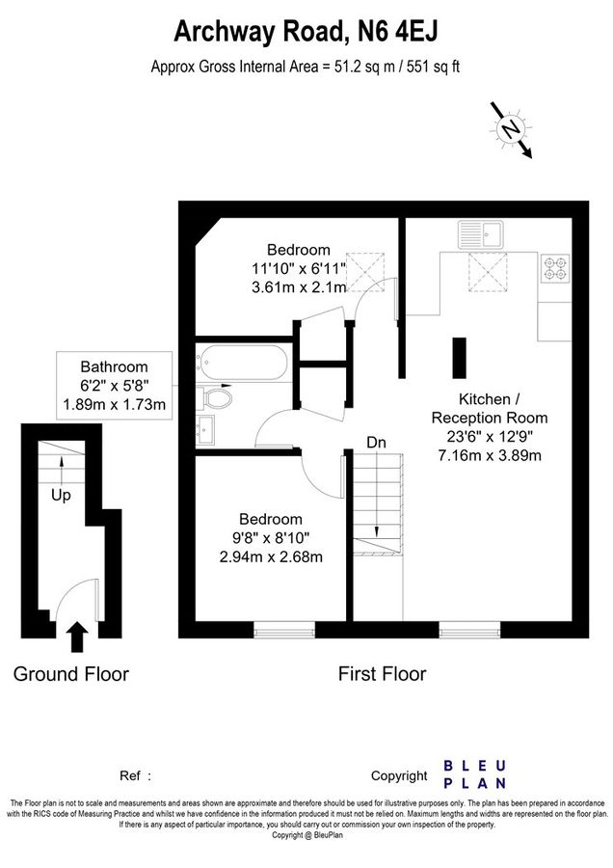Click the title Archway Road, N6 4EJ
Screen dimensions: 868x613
click(x=306, y=31)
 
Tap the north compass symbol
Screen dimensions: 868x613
click(x=511, y=128)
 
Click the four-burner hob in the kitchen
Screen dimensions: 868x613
click(x=556, y=267)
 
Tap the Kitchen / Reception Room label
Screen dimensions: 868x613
click(x=489, y=409)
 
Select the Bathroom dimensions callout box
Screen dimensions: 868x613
click(x=114, y=385)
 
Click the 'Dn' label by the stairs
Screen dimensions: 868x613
click(x=378, y=443)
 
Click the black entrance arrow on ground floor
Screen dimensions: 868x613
click(x=77, y=637)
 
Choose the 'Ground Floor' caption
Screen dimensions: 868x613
click(x=70, y=673)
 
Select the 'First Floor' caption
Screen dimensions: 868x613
click(x=382, y=673)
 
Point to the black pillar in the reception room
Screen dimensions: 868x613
click(x=459, y=361)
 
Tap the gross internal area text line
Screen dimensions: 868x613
click(x=309, y=67)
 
